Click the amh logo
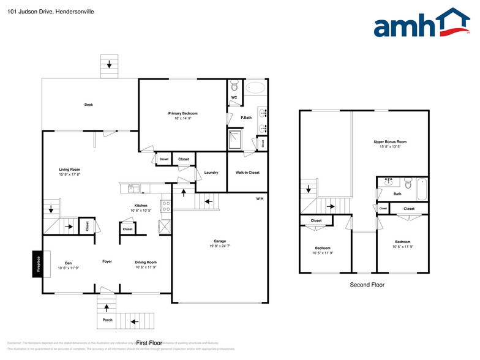422,24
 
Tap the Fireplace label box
37,264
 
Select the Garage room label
220,242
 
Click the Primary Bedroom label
183,113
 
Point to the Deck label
89,105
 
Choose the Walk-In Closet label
247,173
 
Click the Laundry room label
211,173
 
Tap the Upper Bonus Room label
390,141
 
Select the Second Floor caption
367,285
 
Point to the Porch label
107,320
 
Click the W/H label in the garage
260,198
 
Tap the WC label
234,97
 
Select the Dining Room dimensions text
146,268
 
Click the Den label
69,263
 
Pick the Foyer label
107,261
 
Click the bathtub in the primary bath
256,87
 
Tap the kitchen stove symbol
165,206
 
